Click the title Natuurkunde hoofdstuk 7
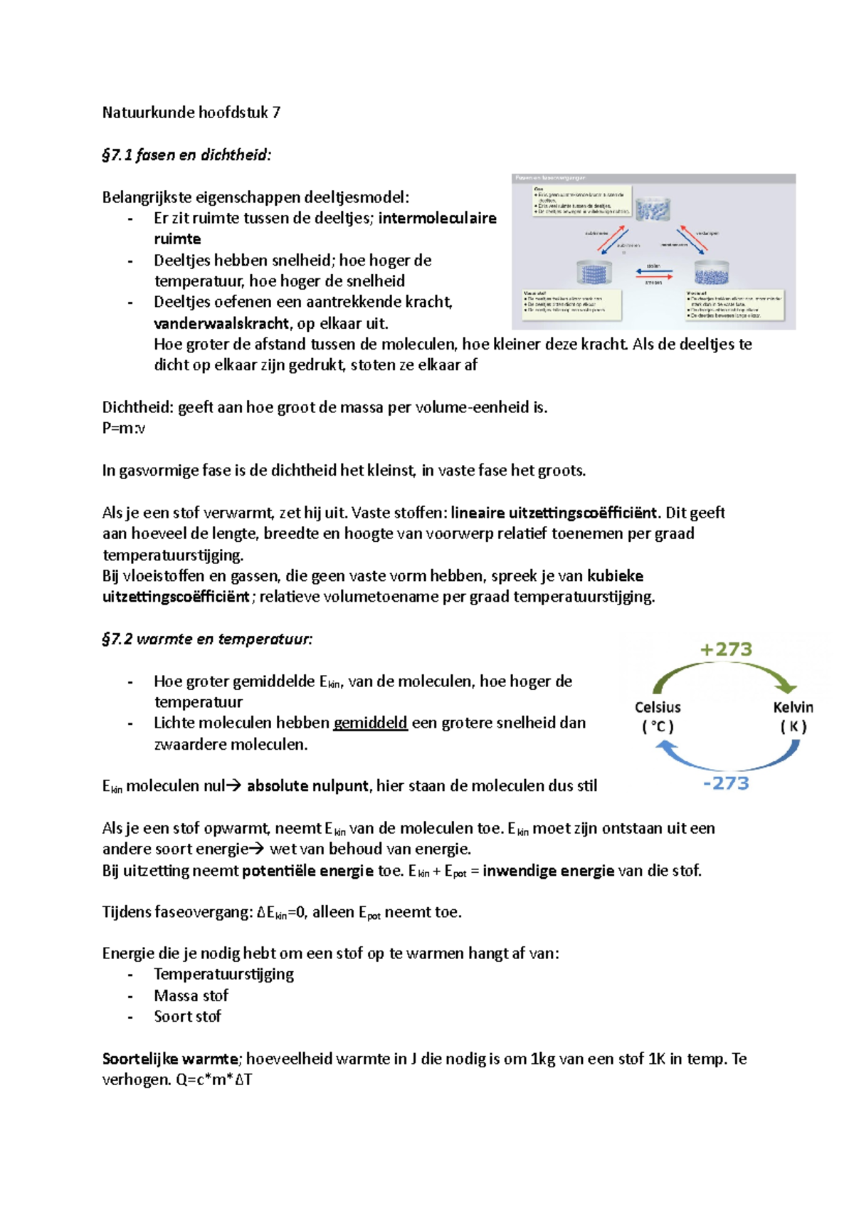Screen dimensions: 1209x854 click(191, 112)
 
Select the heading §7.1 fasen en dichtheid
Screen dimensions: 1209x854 click(186, 155)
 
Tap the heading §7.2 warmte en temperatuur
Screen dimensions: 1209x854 click(207, 639)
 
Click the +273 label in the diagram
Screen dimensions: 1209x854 click(726, 649)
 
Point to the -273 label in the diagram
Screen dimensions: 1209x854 click(726, 783)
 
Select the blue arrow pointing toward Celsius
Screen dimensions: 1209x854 click(726, 759)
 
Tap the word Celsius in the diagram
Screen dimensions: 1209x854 click(658, 707)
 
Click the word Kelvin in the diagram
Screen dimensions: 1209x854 click(793, 707)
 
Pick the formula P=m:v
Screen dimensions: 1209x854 click(124, 429)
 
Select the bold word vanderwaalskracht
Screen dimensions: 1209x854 click(221, 324)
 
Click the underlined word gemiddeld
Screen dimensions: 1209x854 click(370, 723)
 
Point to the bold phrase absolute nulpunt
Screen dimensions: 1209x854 click(307, 786)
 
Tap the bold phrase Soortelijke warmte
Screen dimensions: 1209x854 click(170, 1059)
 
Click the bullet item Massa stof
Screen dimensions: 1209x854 click(191, 996)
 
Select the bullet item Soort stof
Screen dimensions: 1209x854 click(187, 1017)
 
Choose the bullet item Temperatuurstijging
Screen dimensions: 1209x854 click(223, 975)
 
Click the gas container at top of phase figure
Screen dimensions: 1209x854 click(653, 209)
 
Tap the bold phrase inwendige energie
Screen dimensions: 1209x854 click(548, 871)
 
